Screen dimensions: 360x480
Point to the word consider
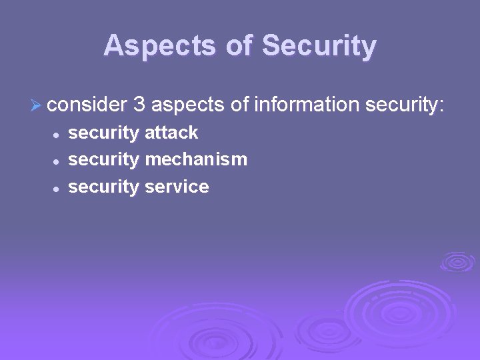87,104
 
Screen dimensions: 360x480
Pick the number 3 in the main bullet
139,104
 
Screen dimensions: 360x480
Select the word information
306,104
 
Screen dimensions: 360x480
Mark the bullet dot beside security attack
57,134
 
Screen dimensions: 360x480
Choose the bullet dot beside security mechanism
57,161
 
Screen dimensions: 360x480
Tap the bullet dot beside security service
57,188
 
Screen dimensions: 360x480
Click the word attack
171,133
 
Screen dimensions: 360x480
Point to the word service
177,187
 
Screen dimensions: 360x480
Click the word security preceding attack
104,133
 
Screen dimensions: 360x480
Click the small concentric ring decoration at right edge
457,261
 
